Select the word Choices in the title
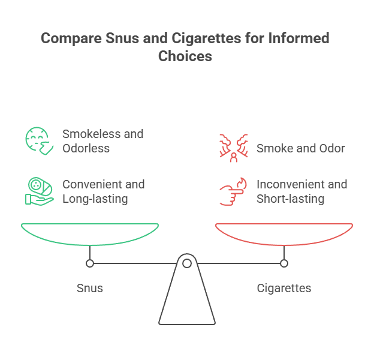185,56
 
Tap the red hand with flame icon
232,191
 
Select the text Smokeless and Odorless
102,140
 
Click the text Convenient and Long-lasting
103,191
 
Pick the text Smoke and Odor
300,148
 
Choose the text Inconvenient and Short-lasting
301,191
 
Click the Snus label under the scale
90,288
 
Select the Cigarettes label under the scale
284,288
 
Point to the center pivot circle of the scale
187,263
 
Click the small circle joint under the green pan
90,263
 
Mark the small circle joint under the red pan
284,263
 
